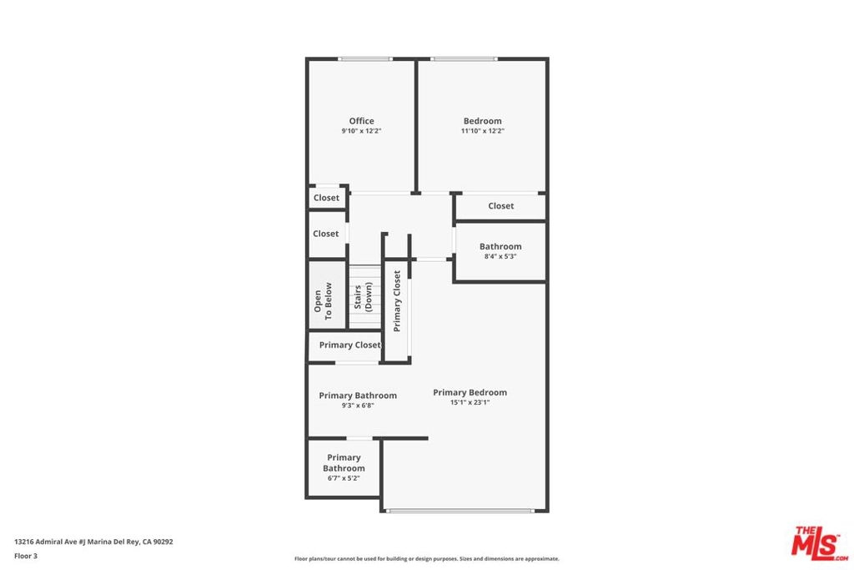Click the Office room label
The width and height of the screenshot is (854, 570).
362,121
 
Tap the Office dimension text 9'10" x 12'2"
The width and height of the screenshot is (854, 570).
362,131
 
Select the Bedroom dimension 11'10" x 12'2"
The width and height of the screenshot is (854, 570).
483,131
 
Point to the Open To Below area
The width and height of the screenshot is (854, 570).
327,295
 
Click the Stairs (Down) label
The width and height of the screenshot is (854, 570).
364,296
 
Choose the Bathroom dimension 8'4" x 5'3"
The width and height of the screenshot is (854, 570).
500,256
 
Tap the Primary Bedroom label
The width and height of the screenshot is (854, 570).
470,392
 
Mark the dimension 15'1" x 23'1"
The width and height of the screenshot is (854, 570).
470,403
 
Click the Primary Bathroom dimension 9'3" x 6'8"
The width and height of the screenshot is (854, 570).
358,406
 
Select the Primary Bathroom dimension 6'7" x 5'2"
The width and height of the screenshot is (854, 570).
344,478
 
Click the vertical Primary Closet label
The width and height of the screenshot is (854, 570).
397,300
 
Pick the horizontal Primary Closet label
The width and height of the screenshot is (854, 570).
349,345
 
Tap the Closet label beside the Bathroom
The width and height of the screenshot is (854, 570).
501,206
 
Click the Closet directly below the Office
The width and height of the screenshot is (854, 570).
326,198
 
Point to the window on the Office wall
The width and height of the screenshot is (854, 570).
365,59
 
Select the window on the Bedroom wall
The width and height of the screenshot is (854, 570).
464,59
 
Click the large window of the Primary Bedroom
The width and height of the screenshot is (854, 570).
460,511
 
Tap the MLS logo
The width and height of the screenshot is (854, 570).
820,544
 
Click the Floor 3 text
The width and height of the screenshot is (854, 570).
26,557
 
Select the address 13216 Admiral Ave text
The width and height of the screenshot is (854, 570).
46,542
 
